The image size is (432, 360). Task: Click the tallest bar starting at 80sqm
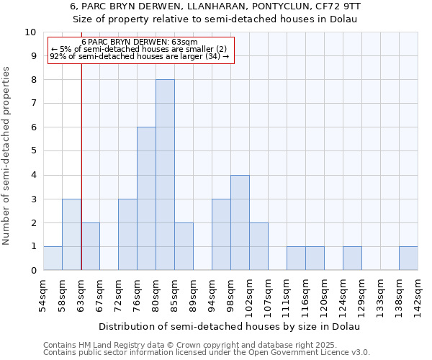(x=165, y=175)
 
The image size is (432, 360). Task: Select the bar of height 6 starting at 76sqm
(x=146, y=199)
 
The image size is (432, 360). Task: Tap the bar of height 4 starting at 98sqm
(x=240, y=222)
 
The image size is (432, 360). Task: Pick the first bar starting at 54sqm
(x=53, y=258)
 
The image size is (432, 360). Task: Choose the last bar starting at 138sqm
(x=408, y=258)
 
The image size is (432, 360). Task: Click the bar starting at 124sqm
(x=352, y=258)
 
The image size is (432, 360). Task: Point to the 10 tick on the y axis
(x=30, y=32)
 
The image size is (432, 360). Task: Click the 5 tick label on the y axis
(x=33, y=151)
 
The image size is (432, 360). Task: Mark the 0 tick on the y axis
(x=33, y=270)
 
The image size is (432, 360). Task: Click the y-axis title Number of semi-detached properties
(x=7, y=156)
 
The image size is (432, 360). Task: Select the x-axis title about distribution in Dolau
(x=229, y=326)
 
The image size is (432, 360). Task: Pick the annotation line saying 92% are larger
(x=140, y=55)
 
